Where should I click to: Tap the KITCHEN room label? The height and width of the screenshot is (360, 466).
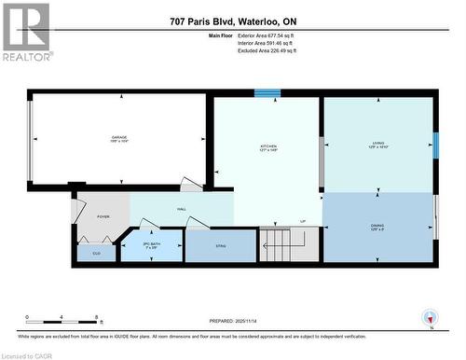point(268,146)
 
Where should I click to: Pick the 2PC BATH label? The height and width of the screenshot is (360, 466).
point(151,245)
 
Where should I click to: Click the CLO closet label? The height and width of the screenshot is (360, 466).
point(96,252)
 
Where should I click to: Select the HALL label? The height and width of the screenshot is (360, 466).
point(182,210)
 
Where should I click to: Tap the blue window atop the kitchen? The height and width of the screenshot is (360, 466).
point(267,93)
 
